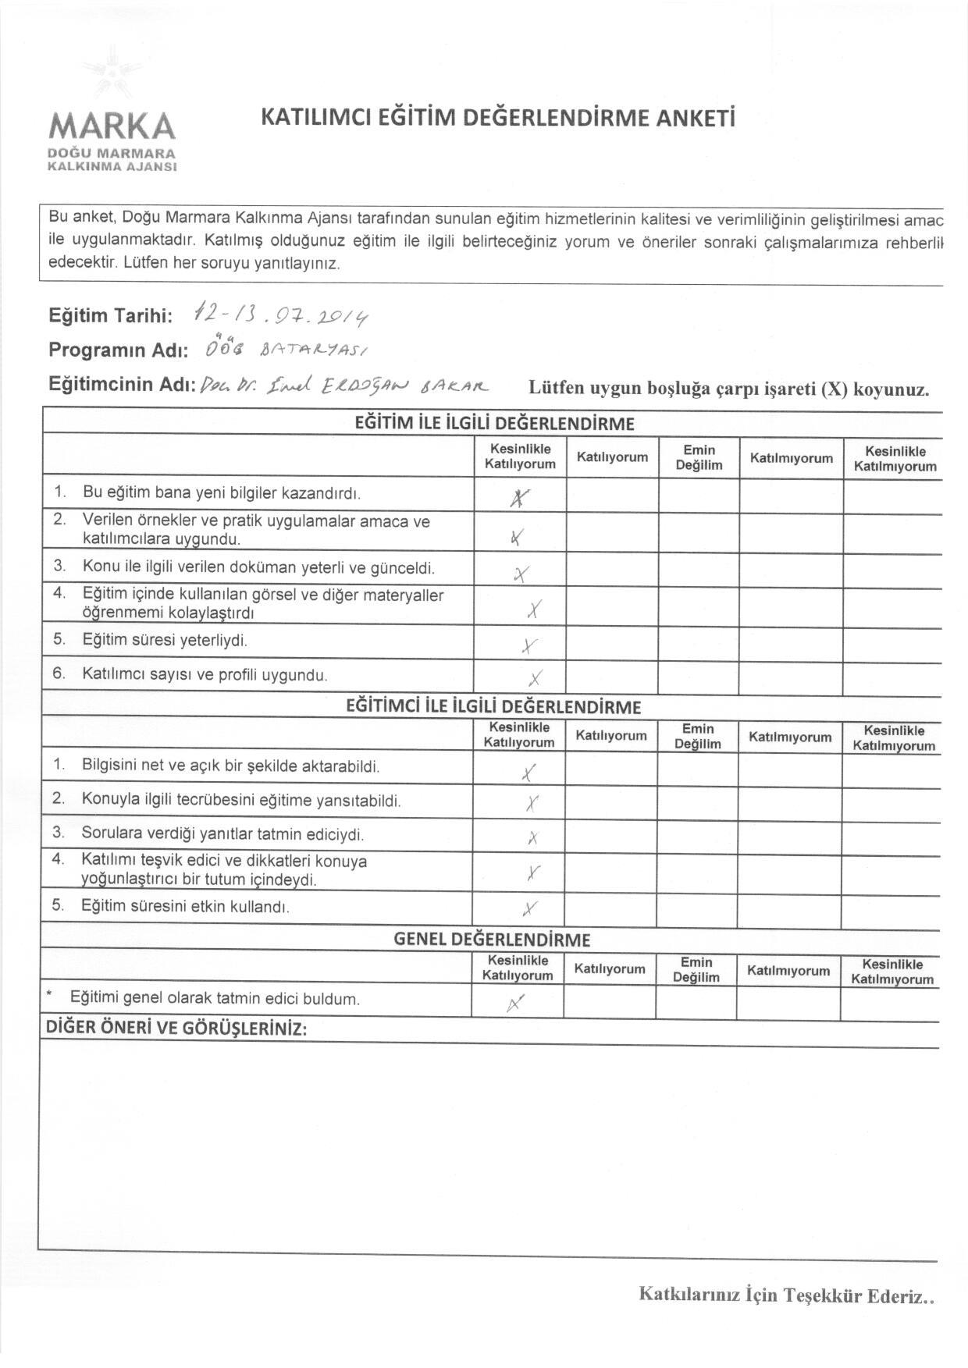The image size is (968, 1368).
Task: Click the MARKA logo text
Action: click(x=112, y=126)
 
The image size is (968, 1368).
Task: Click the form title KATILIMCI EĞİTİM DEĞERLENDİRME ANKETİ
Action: click(x=497, y=118)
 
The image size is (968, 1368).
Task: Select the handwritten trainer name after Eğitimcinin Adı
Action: click(x=344, y=385)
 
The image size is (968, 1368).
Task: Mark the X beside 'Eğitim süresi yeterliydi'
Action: click(x=529, y=645)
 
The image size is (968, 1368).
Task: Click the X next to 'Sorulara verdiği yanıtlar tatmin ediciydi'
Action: click(x=532, y=838)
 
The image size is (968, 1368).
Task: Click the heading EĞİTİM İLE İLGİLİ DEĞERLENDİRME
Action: click(x=494, y=425)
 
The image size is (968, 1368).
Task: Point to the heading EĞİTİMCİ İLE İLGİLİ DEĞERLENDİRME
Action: click(x=493, y=707)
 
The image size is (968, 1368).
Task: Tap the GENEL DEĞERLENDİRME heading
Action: click(x=492, y=940)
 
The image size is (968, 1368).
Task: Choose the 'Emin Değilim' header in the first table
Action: click(x=699, y=457)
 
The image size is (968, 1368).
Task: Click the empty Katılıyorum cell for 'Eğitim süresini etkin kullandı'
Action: click(x=610, y=907)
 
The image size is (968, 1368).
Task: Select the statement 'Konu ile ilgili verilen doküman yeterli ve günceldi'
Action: click(x=258, y=567)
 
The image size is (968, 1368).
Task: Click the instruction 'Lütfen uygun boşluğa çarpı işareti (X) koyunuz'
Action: click(x=729, y=389)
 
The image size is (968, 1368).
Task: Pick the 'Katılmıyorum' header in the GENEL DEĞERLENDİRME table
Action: click(x=788, y=971)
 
